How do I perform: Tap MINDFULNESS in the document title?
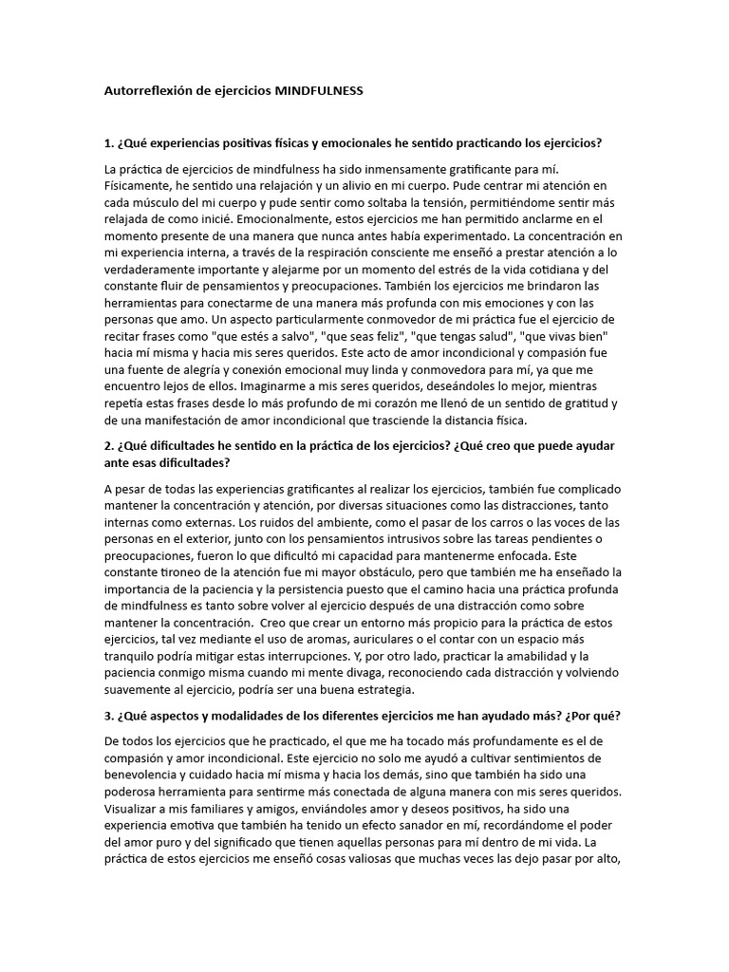coord(318,92)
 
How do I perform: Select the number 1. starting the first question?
coord(109,143)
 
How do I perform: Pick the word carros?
coord(409,522)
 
